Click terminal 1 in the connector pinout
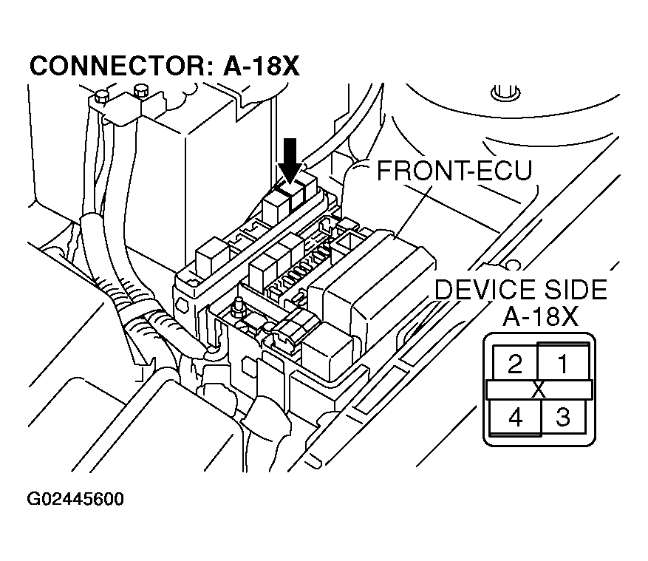[x=563, y=363]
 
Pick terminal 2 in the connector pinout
[x=515, y=363]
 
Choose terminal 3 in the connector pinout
[x=563, y=418]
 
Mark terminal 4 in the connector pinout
[x=515, y=418]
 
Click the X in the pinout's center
[x=539, y=390]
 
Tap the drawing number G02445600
[x=75, y=499]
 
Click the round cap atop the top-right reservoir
[x=502, y=93]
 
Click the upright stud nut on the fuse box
[x=239, y=307]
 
